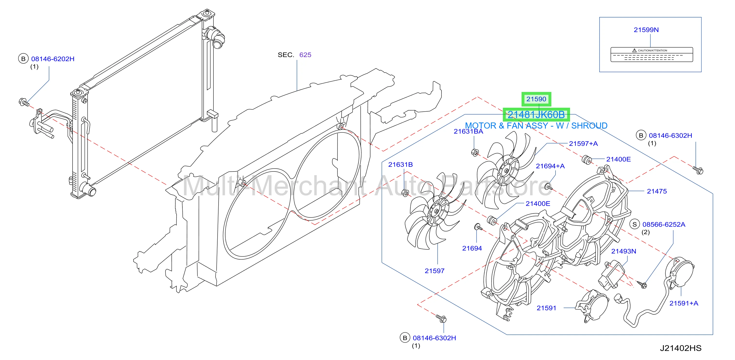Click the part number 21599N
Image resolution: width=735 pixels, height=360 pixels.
(x=646, y=30)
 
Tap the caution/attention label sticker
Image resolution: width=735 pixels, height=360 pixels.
(x=652, y=55)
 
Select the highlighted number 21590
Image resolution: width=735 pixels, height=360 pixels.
(x=536, y=99)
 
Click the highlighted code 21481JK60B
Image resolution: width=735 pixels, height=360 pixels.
(x=536, y=115)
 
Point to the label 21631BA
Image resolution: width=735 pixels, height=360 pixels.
(x=468, y=131)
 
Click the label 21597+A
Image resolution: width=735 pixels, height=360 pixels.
(x=583, y=143)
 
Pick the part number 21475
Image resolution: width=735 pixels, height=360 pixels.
(x=657, y=191)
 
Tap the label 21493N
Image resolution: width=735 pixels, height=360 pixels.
(x=623, y=251)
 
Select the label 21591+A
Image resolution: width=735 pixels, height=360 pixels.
(x=684, y=303)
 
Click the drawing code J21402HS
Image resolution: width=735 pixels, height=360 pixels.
(x=680, y=348)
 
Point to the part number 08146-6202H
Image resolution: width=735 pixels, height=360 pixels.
(x=53, y=59)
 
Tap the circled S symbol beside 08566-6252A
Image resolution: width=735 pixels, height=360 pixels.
(x=635, y=224)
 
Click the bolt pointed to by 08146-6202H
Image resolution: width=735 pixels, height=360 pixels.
(x=24, y=102)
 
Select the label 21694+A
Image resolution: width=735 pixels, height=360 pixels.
(x=550, y=166)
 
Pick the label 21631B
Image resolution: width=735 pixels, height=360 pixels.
(x=400, y=165)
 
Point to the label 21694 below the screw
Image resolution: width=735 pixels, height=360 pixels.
(x=472, y=248)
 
